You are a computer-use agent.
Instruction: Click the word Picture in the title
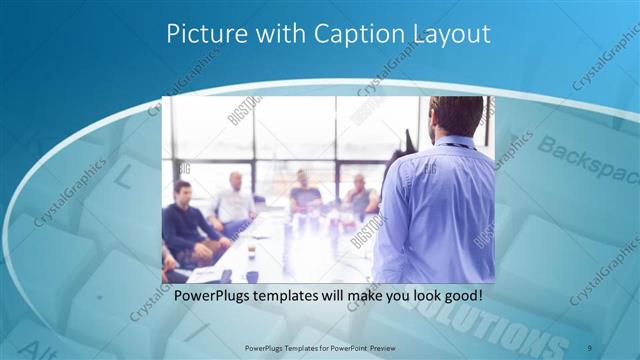pyautogui.click(x=203, y=34)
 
